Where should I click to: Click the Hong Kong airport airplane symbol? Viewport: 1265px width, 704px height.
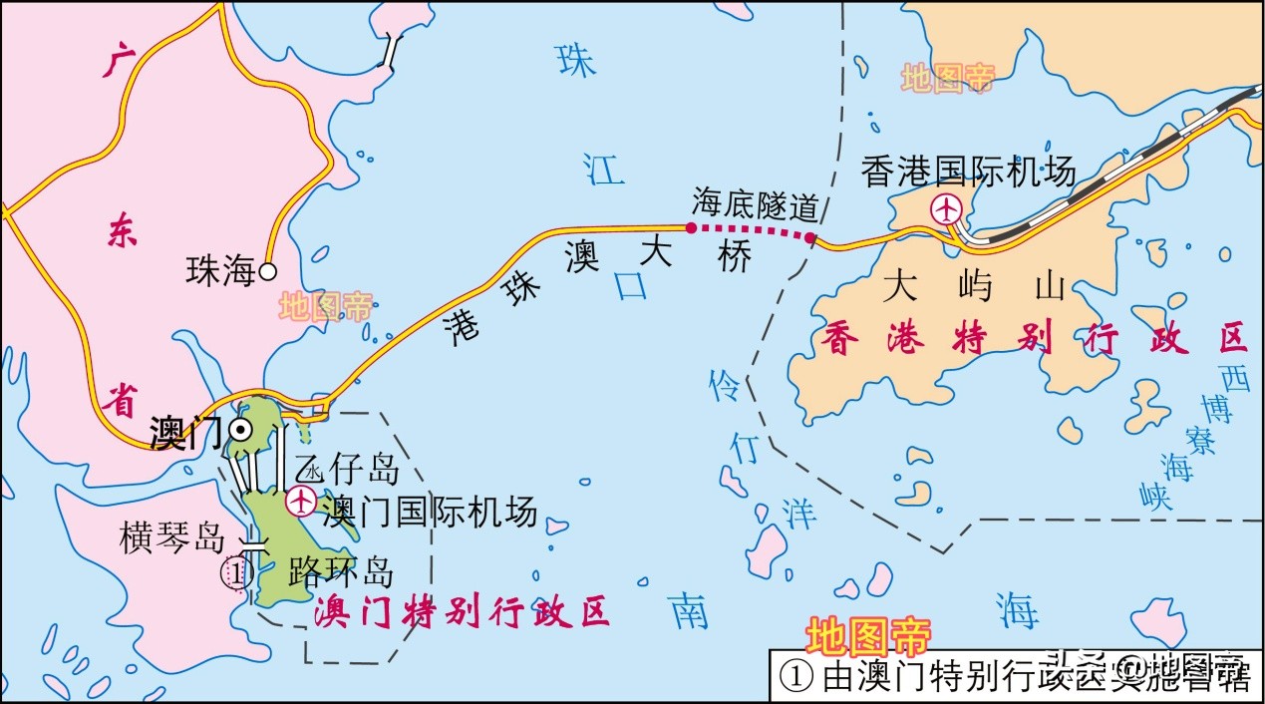point(945,209)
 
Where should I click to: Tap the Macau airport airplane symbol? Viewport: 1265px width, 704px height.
point(299,500)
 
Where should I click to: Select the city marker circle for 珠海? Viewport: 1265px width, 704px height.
point(267,270)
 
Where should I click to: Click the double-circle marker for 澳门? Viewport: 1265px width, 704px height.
point(240,429)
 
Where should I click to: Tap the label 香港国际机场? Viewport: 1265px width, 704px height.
point(969,172)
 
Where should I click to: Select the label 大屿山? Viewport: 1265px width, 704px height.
point(974,287)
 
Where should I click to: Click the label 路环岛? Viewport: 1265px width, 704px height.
point(340,571)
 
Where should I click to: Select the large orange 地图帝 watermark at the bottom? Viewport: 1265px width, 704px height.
point(867,635)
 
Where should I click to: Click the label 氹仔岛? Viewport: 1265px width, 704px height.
point(347,468)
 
